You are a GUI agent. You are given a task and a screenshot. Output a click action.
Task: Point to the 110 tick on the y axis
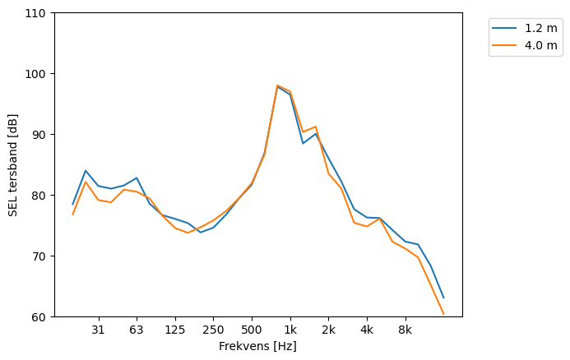tap(39, 13)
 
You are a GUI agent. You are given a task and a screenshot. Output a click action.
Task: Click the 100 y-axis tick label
tap(39, 74)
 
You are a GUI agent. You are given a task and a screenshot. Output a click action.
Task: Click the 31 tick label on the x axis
tap(98, 330)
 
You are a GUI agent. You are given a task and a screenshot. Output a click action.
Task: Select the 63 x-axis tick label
tap(137, 330)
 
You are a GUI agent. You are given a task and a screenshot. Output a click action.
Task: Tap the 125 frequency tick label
tap(174, 330)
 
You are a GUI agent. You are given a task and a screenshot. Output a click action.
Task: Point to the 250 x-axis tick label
tap(213, 330)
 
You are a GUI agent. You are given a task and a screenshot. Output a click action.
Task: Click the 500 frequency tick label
tap(252, 330)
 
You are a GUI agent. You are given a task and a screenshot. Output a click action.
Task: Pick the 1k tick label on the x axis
tap(290, 330)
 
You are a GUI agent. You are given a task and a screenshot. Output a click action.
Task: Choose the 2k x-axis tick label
tap(328, 330)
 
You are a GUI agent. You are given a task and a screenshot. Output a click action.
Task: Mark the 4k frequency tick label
tap(367, 330)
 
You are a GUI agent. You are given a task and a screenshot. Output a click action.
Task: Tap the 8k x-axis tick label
tap(405, 330)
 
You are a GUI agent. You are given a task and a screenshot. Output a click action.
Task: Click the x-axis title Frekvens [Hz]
tap(257, 347)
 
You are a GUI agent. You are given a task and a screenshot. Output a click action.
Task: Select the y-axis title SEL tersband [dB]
tap(13, 165)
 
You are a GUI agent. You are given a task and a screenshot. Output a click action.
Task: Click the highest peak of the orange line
tap(277, 85)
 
